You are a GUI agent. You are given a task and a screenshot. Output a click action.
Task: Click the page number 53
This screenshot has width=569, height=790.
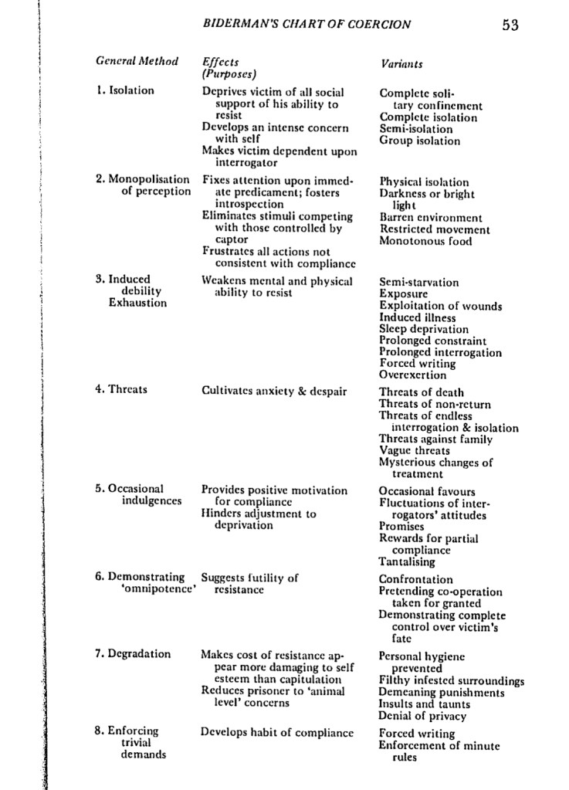pos(510,25)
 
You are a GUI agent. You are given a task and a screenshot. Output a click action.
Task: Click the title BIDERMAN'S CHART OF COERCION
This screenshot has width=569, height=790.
pos(307,25)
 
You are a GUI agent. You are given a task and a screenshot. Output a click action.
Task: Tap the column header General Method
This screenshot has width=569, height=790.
pos(137,62)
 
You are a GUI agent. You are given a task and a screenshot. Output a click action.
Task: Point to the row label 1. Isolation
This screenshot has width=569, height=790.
pos(125,90)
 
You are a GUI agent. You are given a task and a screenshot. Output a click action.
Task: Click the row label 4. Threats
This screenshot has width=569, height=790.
pos(121,389)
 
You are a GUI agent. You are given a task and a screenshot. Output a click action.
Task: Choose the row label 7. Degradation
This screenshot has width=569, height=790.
pos(133,654)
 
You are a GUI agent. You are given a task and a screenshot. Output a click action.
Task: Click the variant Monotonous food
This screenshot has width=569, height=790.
pos(425,241)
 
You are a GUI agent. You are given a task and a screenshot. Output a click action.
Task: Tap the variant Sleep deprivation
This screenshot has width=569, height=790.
pos(424,329)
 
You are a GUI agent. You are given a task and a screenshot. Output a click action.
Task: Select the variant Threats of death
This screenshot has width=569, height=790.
pos(422,392)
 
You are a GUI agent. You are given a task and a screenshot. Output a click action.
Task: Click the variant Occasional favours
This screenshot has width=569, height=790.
pos(427,492)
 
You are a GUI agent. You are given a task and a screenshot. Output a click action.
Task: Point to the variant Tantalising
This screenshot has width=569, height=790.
pos(407,561)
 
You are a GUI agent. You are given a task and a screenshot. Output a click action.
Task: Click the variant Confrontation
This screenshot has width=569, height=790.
pos(416,580)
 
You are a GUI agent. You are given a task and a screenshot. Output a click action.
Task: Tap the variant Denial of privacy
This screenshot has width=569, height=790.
pos(422,716)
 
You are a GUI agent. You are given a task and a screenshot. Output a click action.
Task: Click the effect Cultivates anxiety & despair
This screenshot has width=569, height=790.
pos(274,392)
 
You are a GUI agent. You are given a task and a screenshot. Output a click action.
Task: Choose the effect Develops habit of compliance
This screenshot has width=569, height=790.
pos(277,733)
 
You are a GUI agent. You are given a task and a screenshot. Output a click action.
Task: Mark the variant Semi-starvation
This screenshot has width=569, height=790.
pos(418,283)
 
